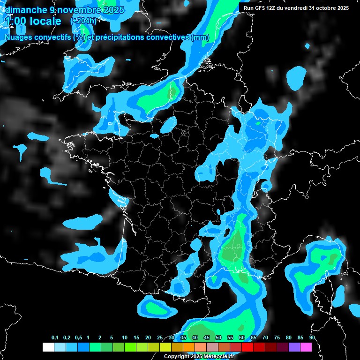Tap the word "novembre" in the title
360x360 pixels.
[x=77, y=10]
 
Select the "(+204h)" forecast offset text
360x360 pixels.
[x=83, y=21]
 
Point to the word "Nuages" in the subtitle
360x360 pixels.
[x=20, y=37]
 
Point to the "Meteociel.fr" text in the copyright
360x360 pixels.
[x=218, y=357]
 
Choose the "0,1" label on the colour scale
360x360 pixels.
[x=55, y=338]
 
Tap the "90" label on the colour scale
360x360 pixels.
[x=312, y=338]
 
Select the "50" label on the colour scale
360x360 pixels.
[x=218, y=338]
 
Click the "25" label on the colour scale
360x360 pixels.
[x=160, y=338]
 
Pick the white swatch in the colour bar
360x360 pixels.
[x=48, y=347]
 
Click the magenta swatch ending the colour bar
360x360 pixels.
[x=306, y=347]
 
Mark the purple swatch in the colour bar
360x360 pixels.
[x=294, y=347]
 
